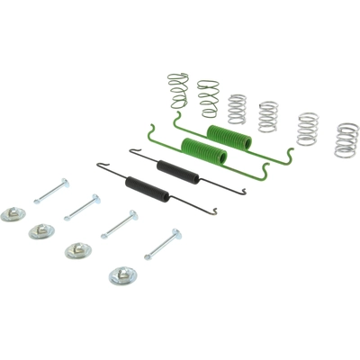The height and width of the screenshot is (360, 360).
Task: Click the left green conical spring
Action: coord(177,90)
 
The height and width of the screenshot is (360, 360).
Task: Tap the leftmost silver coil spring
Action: coord(236,108)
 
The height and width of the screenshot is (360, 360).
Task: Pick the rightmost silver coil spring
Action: coord(346,139)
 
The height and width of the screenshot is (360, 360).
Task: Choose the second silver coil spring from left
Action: coord(267,116)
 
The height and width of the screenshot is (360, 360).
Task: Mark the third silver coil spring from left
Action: coord(307,128)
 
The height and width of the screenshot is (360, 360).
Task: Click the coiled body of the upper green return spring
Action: coord(229,138)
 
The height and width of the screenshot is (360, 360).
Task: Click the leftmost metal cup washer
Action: coord(13,213)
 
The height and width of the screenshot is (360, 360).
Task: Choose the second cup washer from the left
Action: coord(40,231)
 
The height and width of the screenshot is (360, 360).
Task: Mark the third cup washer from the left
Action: coord(77,251)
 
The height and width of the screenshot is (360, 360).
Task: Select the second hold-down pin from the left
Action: coord(82,206)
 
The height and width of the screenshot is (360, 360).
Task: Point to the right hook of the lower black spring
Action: coord(214,212)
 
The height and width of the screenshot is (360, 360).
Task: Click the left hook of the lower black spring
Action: coord(99,165)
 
